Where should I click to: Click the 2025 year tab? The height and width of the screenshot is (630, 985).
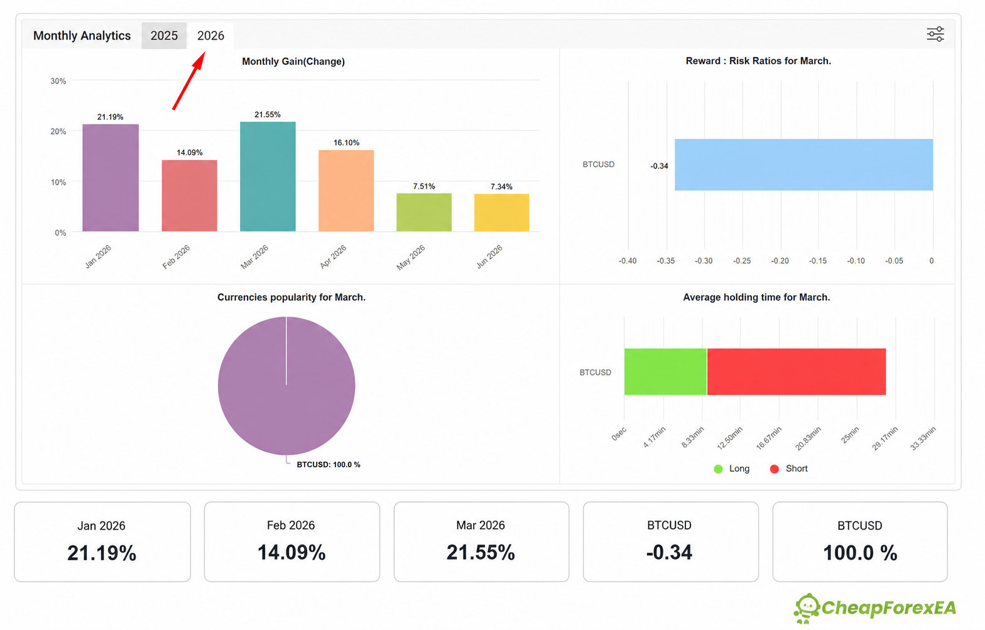pyautogui.click(x=164, y=36)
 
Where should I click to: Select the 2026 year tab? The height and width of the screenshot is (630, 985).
pyautogui.click(x=210, y=36)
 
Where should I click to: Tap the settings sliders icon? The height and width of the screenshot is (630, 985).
pyautogui.click(x=935, y=35)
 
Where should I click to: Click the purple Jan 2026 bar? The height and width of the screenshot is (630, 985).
pyautogui.click(x=111, y=178)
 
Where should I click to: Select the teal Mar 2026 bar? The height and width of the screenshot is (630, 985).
pyautogui.click(x=268, y=177)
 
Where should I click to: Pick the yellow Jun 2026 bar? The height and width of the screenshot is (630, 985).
pyautogui.click(x=502, y=212)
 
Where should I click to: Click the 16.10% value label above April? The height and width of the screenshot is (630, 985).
pyautogui.click(x=346, y=143)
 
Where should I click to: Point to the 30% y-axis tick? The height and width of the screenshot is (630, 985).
pyautogui.click(x=58, y=81)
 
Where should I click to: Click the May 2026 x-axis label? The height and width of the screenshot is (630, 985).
pyautogui.click(x=411, y=257)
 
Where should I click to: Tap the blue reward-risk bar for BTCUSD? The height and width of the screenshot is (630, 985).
pyautogui.click(x=804, y=165)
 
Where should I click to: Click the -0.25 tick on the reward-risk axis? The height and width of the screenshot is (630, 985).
pyautogui.click(x=742, y=261)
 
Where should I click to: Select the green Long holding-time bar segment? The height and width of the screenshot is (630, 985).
pyautogui.click(x=665, y=371)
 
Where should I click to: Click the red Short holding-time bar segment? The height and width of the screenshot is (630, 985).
pyautogui.click(x=797, y=371)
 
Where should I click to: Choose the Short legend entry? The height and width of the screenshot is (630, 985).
pyautogui.click(x=789, y=469)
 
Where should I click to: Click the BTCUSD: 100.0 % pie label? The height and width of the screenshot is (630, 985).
pyautogui.click(x=328, y=465)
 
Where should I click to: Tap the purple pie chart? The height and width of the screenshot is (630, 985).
pyautogui.click(x=286, y=386)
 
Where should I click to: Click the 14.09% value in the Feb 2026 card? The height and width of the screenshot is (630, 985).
pyautogui.click(x=291, y=553)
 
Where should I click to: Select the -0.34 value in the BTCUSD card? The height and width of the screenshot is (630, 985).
pyautogui.click(x=669, y=553)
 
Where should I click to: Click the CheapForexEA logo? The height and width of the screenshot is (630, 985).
pyautogui.click(x=875, y=609)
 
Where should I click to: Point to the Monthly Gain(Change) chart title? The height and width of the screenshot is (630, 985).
pyautogui.click(x=293, y=62)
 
